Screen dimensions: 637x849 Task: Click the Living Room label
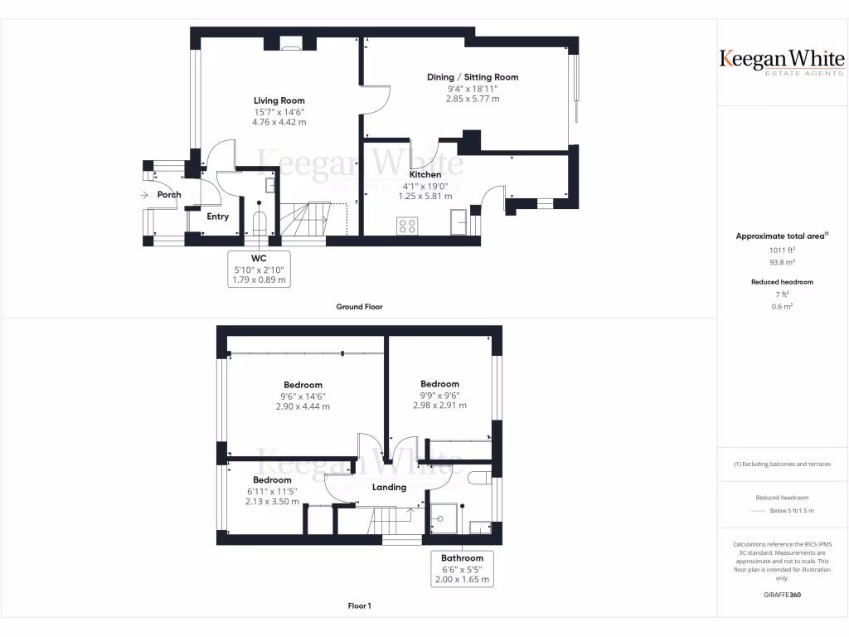coord(279,100)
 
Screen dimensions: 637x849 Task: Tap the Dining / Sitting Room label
coord(473,77)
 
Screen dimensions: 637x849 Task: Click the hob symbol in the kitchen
coord(408,225)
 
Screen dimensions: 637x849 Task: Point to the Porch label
coord(169,195)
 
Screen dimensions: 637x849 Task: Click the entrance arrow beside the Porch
coord(144,195)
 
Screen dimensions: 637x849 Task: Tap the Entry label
coord(217,216)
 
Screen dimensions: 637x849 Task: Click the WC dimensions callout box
coord(259,270)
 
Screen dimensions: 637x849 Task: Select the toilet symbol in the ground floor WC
coord(259,221)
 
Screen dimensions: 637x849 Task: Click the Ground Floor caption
coord(359,307)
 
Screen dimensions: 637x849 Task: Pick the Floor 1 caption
coord(359,606)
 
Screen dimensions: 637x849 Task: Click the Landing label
coord(389,487)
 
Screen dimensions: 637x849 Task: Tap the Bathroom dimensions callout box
coord(462,569)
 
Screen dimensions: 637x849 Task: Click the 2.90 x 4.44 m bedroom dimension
coord(303,406)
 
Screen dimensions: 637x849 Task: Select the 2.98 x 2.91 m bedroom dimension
coord(439,406)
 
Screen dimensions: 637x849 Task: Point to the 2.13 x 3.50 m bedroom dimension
coord(272,502)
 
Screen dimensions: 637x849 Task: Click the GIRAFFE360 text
coord(782,595)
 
